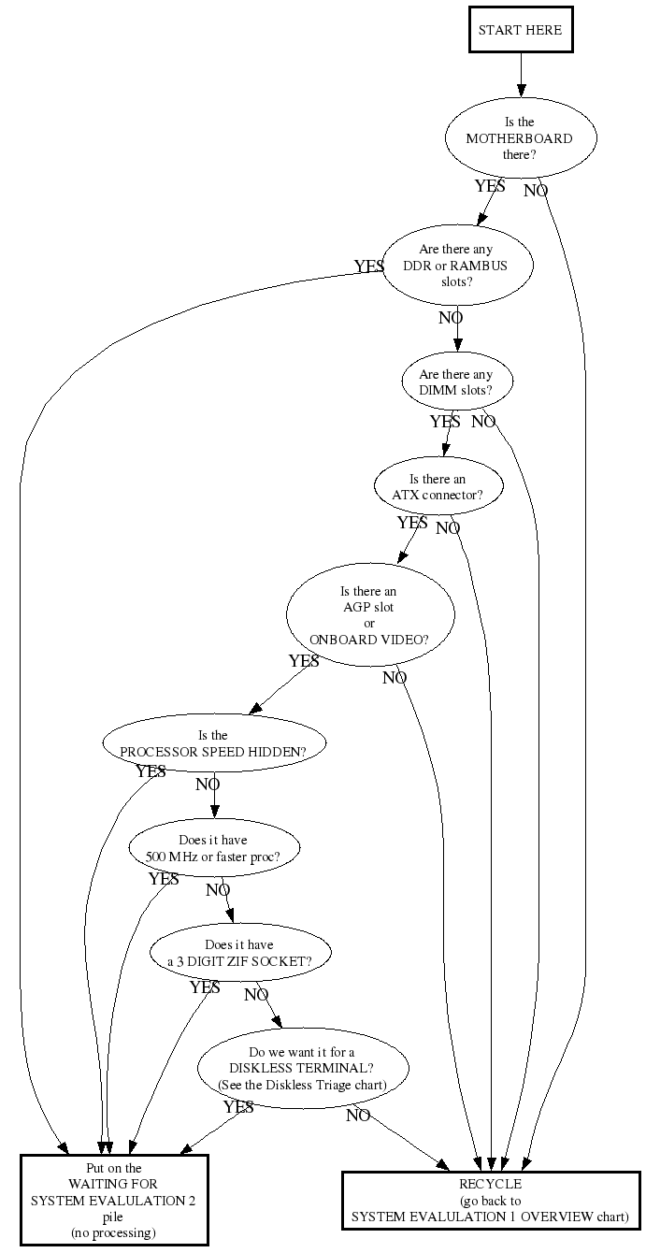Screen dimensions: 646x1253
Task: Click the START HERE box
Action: [521, 30]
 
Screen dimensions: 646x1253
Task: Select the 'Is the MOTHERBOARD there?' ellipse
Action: [521, 137]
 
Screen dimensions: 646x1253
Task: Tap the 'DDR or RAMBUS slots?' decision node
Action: [457, 266]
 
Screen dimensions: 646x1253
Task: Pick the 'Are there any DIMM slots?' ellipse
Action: [457, 381]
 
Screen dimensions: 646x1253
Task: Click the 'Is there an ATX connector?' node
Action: [438, 485]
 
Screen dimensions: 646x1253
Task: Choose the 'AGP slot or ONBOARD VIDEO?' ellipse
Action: [370, 614]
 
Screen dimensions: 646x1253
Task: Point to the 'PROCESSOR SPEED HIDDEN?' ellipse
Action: [214, 742]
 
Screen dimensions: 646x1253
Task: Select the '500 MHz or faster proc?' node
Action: [214, 848]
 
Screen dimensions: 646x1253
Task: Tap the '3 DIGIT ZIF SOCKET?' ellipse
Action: [240, 953]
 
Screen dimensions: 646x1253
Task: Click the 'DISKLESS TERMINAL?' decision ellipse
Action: [303, 1068]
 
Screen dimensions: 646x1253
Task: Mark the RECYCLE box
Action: [491, 1201]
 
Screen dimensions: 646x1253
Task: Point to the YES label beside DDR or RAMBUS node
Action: [369, 266]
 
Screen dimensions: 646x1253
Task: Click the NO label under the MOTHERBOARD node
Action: [536, 191]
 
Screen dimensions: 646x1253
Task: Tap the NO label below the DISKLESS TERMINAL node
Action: [358, 1116]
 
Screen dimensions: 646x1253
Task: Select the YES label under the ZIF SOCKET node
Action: [205, 987]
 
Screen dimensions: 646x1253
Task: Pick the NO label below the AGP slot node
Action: [395, 678]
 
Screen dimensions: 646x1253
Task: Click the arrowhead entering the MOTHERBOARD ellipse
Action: [522, 91]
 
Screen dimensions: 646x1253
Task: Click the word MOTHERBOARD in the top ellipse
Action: [520, 138]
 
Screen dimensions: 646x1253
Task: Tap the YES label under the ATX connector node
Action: [413, 523]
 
